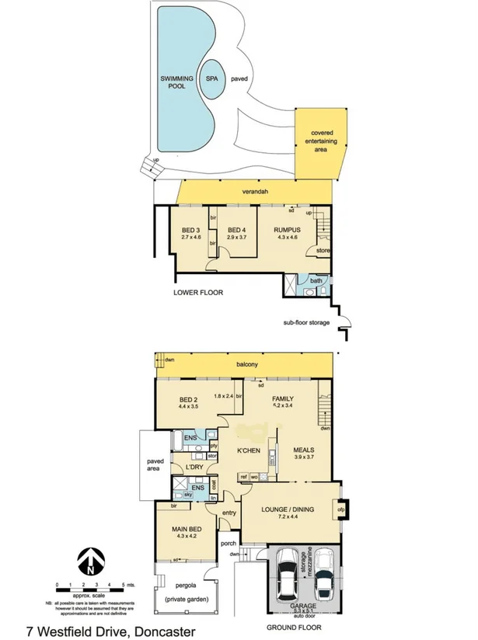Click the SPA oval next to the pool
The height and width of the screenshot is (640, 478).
(212, 78)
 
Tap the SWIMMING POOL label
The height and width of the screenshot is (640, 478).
(177, 83)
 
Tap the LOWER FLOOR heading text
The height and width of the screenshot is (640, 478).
(198, 294)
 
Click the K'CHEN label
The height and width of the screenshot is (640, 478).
(247, 450)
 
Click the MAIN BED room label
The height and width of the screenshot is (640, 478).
(185, 532)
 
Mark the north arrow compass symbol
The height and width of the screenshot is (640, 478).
(91, 562)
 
